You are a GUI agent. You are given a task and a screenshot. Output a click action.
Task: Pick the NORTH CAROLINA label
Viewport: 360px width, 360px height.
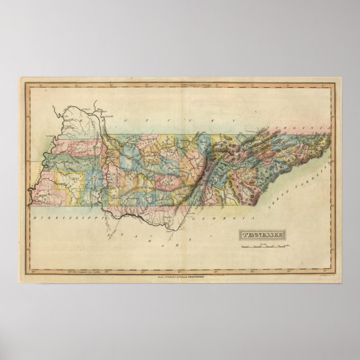click(311, 184)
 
